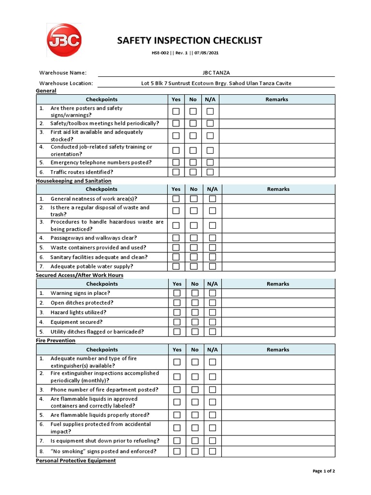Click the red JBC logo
(x=64, y=40)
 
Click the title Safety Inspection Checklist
(x=189, y=41)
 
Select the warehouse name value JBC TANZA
(x=216, y=73)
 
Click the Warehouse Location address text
(x=216, y=83)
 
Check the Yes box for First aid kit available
(x=176, y=136)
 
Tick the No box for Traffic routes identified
(x=193, y=172)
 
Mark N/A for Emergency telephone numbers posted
(x=210, y=162)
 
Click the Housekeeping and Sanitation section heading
(x=73, y=181)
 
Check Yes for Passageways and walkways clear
(x=176, y=238)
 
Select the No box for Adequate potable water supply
(x=194, y=266)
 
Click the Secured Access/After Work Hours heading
(x=79, y=275)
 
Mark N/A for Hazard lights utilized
(x=212, y=312)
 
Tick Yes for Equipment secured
(x=177, y=322)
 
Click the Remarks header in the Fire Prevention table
(x=278, y=349)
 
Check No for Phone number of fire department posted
(x=195, y=390)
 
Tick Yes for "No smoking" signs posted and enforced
(x=177, y=451)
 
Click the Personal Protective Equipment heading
(x=76, y=461)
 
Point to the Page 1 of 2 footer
(x=324, y=471)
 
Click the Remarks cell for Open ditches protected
(x=278, y=303)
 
